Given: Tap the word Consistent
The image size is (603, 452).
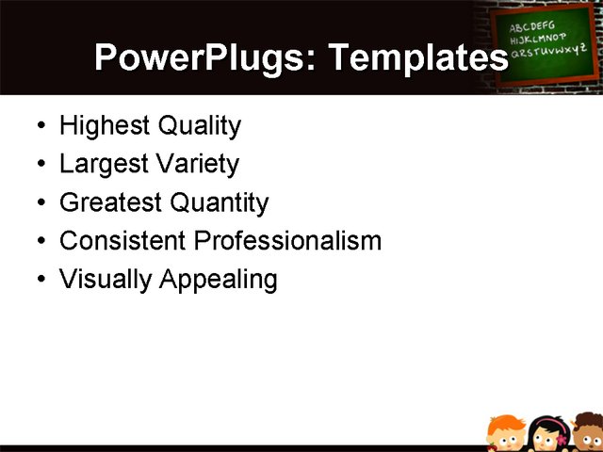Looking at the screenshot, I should pos(122,241).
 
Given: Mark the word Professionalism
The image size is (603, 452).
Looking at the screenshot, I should pos(287,241).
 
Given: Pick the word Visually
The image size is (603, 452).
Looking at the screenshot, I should pos(105,280).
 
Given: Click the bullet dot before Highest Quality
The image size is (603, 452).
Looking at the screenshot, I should pos(39,126).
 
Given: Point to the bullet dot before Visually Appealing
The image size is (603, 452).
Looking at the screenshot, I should pos(39,281).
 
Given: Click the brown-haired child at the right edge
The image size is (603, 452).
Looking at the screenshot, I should pos(591,435).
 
